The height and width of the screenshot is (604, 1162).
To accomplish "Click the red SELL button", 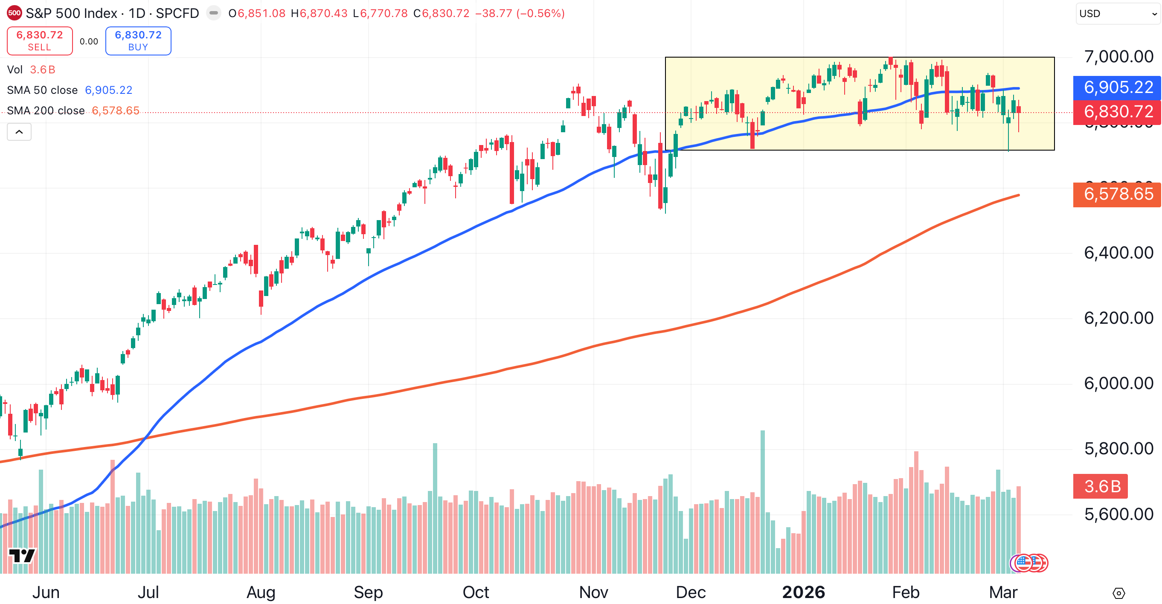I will (40, 41).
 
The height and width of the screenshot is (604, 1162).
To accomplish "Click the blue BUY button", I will (138, 41).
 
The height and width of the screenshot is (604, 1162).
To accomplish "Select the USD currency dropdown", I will (1117, 14).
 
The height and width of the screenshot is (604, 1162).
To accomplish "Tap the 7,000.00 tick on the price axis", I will (1118, 57).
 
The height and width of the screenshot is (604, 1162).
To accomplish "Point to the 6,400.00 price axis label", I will (1118, 253).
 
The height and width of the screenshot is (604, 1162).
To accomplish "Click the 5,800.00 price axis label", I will (1118, 449).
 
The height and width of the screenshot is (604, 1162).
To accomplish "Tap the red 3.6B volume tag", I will (1101, 486).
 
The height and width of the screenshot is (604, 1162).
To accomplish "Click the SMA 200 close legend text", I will (46, 111).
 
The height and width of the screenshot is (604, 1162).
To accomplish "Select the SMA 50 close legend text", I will (42, 90).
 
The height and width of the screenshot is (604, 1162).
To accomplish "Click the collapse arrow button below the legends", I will (19, 132).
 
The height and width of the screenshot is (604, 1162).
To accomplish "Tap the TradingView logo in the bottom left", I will (22, 555).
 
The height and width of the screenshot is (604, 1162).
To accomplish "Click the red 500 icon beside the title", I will (15, 13).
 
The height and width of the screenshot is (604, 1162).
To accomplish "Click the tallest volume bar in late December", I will (762, 501).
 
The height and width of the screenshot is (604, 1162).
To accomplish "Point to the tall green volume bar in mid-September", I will (435, 508).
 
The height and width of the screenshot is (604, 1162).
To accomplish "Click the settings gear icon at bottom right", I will (1118, 593).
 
